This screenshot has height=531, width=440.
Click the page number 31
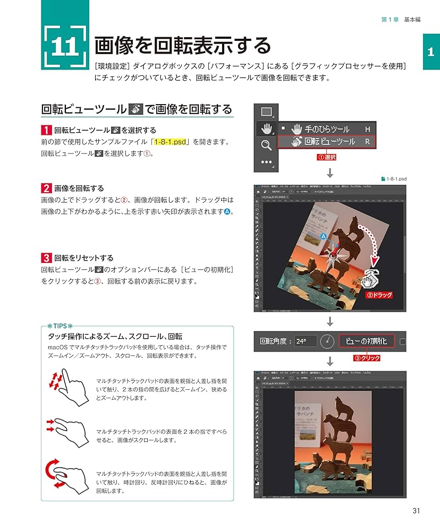[x=416, y=511]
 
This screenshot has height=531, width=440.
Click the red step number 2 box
[x=46, y=188]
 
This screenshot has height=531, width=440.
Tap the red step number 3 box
[x=46, y=258]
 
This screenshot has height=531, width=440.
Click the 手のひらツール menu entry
[x=326, y=129]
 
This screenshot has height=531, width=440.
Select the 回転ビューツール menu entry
[x=329, y=142]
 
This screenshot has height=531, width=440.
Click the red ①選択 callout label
[x=327, y=157]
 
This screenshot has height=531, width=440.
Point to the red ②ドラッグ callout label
[x=379, y=295]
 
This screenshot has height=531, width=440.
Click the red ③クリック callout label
[x=367, y=358]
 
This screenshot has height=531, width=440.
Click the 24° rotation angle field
[x=306, y=341]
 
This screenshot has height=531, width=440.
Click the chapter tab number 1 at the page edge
[x=431, y=52]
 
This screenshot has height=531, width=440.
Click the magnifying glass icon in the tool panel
[x=266, y=144]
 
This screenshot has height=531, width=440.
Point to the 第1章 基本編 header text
[x=401, y=20]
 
